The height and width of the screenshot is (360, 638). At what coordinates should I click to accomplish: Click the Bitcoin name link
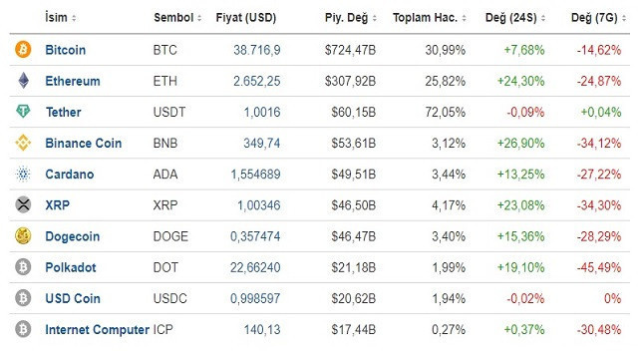coord(66,50)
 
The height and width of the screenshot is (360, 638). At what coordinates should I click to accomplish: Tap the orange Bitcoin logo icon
coord(23,50)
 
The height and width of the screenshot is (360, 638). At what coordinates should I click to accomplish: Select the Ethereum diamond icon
coord(23,81)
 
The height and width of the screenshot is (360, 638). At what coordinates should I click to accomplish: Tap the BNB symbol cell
coord(166,143)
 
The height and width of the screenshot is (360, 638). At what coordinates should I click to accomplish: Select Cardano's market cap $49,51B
coord(354,175)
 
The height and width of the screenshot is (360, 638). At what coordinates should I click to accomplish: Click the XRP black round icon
coord(23,205)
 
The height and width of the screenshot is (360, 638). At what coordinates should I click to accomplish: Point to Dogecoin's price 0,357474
coord(253,236)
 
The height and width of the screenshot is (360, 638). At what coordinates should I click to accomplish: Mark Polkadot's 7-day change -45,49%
coord(600,267)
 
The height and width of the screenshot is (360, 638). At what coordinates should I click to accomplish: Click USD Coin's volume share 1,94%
coord(448,298)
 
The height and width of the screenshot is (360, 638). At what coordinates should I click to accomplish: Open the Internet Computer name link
coord(97,329)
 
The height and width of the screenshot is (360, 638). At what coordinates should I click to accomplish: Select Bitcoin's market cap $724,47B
coord(350,50)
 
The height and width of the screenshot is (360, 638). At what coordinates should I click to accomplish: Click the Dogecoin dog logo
coord(23,236)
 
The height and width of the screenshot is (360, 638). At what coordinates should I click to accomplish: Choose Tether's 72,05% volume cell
coord(445,113)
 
